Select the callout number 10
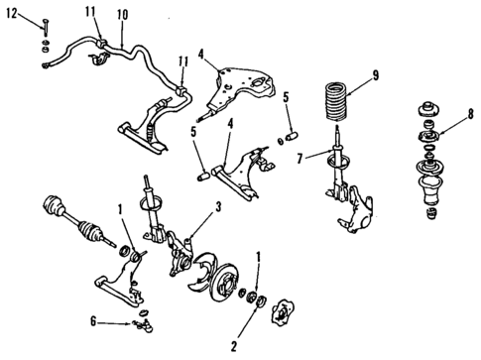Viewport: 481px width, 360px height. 122,15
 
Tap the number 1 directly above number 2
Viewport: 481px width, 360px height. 259,259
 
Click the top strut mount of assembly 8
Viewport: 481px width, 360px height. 433,108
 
